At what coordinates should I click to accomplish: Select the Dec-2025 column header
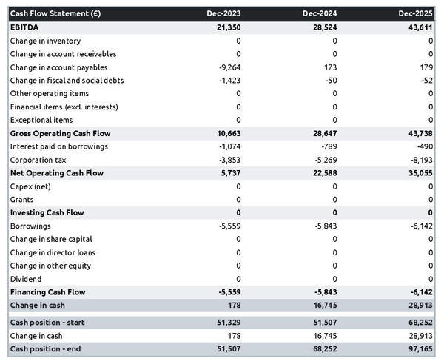(x=416, y=13)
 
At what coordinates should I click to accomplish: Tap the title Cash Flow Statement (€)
(x=55, y=13)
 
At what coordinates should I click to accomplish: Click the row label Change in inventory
(x=46, y=41)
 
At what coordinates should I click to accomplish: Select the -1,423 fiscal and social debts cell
(x=229, y=81)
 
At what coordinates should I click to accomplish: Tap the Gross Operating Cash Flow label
(x=61, y=134)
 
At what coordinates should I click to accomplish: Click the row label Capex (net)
(x=32, y=186)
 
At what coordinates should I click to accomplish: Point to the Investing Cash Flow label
(x=47, y=213)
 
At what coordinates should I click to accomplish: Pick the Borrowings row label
(x=30, y=226)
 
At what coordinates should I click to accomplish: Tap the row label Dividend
(x=27, y=279)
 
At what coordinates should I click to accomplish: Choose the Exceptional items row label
(x=41, y=120)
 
